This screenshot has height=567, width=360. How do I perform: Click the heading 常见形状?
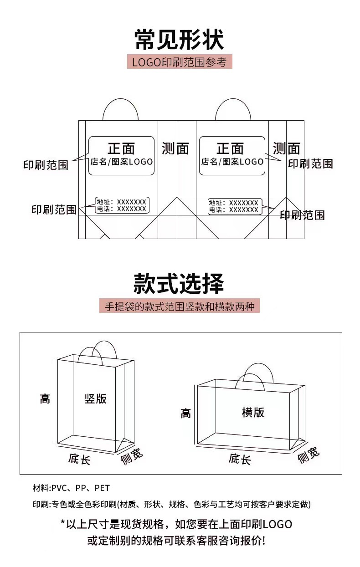(180, 40)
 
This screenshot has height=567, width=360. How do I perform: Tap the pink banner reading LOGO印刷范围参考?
(180, 62)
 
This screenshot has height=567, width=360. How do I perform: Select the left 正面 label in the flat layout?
(121, 148)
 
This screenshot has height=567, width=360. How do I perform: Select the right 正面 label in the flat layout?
(230, 148)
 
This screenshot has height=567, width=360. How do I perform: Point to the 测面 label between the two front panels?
(175, 148)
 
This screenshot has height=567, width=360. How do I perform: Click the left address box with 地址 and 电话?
(122, 205)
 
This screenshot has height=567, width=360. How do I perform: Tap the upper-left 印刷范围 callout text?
(46, 164)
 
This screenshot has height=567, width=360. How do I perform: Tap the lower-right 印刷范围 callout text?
(302, 215)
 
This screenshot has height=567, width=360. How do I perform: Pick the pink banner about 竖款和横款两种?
(180, 306)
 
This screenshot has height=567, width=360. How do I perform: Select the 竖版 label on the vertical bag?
(96, 398)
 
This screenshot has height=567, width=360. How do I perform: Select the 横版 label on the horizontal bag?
(253, 412)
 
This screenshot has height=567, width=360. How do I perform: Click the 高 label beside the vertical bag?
(45, 399)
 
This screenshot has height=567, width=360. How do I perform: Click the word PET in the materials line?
(102, 488)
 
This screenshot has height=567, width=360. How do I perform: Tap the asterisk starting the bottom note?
(63, 524)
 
